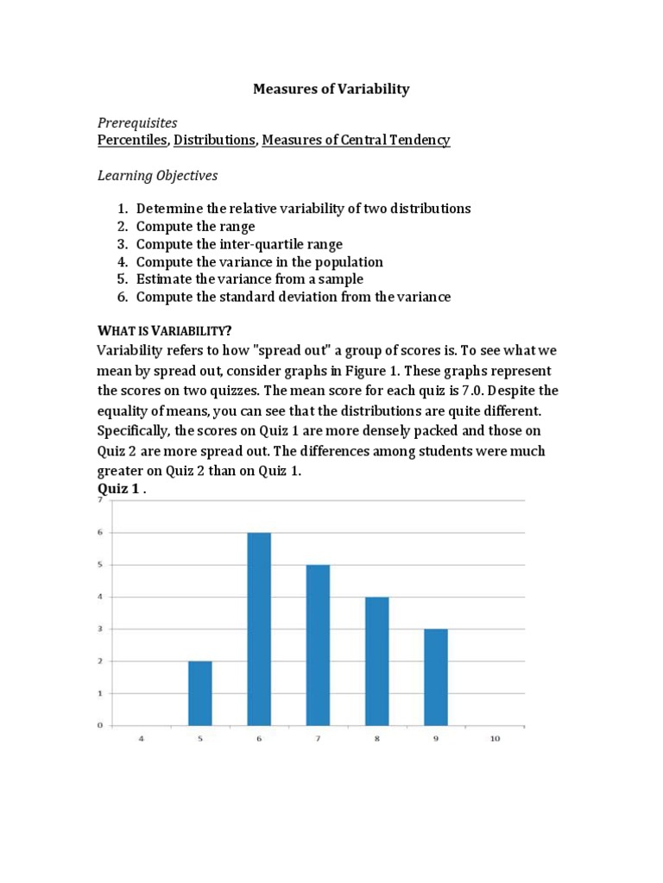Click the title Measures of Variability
click(331, 89)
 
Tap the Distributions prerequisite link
click(214, 140)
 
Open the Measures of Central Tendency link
click(356, 140)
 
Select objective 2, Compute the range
click(195, 227)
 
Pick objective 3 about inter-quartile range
click(239, 244)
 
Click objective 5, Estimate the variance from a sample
click(249, 279)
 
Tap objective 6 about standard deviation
click(293, 297)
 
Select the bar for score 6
click(259, 629)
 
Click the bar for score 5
click(200, 693)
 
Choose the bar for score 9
click(436, 677)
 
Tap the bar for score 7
click(318, 645)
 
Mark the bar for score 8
click(377, 661)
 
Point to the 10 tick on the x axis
click(496, 739)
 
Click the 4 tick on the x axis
click(141, 739)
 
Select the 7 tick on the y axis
click(100, 500)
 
